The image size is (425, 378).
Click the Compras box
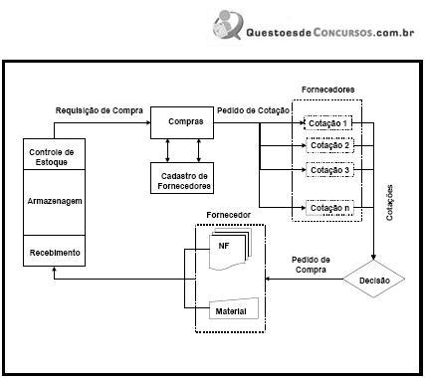(x=182, y=122)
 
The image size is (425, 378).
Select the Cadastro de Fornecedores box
(x=182, y=178)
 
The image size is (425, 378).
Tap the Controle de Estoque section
(x=54, y=154)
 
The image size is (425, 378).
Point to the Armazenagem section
(x=54, y=202)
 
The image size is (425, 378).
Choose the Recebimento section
(x=54, y=251)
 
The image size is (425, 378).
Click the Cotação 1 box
(x=327, y=123)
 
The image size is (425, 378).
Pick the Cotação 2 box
(x=329, y=145)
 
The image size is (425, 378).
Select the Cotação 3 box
(x=329, y=170)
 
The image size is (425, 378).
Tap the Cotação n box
(x=329, y=208)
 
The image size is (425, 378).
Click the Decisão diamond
(x=373, y=279)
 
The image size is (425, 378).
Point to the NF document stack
(x=230, y=248)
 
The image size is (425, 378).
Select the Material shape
(x=234, y=308)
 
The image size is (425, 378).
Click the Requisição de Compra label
(x=100, y=110)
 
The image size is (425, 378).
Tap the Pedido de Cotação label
(x=253, y=110)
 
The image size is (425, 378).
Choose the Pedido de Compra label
(x=311, y=265)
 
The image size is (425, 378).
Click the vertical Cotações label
(x=389, y=203)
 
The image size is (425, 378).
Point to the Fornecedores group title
(x=327, y=90)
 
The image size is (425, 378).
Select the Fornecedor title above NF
(x=228, y=215)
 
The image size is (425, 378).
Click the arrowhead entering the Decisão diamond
(x=373, y=257)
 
